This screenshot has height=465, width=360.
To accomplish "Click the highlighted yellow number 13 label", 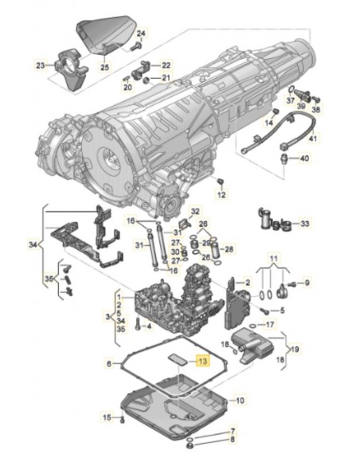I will pyautogui.click(x=202, y=361).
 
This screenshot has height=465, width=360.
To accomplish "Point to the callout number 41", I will pyautogui.click(x=313, y=139).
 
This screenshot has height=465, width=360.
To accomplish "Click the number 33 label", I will pyautogui.click(x=305, y=224).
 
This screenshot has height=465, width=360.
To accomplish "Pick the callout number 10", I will pyautogui.click(x=111, y=364).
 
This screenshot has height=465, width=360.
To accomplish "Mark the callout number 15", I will pyautogui.click(x=106, y=417).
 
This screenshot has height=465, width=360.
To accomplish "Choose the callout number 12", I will pyautogui.click(x=222, y=195).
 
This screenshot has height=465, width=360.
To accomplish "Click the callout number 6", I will pyautogui.click(x=241, y=400).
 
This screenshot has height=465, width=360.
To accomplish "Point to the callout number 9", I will pyautogui.click(x=309, y=283).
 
